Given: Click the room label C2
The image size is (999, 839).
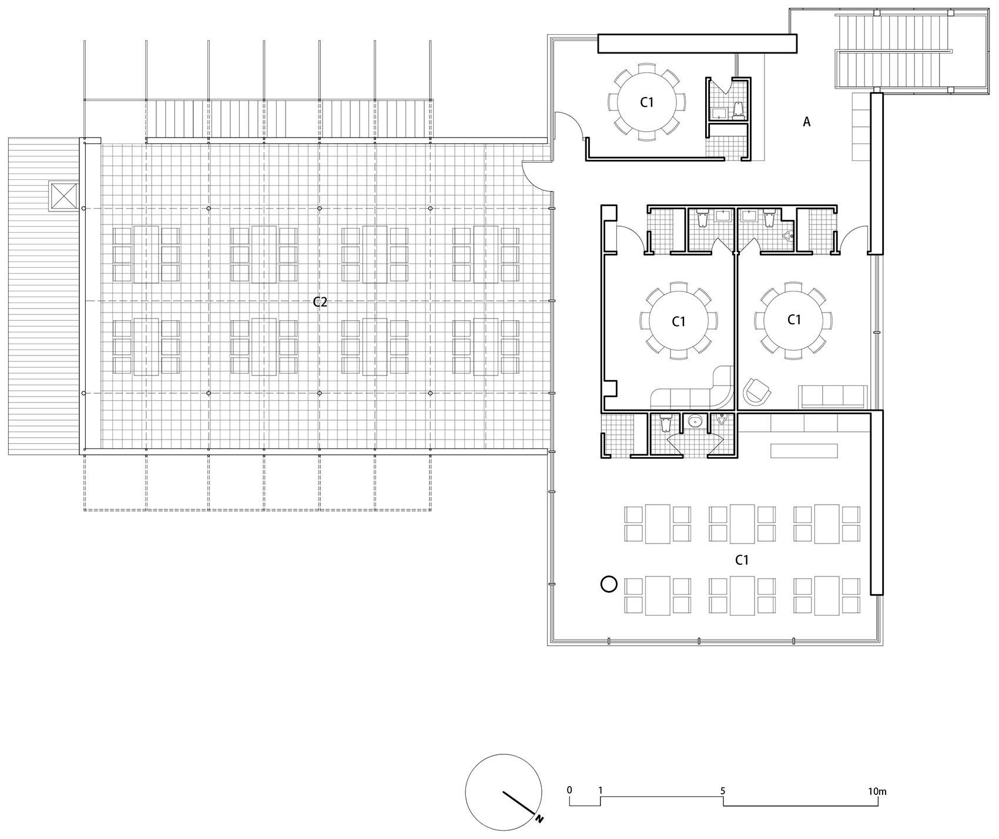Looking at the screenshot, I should pos(320,303).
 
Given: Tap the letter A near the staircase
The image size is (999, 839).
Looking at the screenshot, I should pos(807,122).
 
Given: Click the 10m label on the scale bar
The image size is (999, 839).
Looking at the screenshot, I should pos(877,791).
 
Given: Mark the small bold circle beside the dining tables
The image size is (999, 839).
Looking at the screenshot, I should pos(609,584).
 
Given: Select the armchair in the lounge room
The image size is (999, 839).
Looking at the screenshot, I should pos(755,390).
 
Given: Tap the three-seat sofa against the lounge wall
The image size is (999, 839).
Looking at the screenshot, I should pos(832,397).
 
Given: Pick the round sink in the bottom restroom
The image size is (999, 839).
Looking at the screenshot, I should pos(695,421).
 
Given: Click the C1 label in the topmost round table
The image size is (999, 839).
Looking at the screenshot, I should pos(646,102).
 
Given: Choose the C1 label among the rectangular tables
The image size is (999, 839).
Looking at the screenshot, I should pos(742,561).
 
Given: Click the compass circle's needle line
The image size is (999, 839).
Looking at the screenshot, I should pos(517,803).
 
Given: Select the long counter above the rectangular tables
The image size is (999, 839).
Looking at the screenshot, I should pos(804,451).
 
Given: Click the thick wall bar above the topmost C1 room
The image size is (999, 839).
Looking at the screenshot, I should pos(697,43).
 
